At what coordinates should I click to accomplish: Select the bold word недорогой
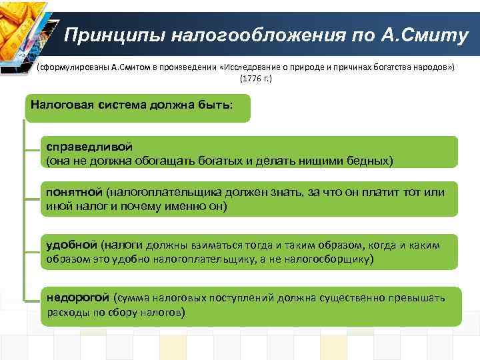point(77,297)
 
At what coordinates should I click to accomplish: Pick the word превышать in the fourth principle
point(418,297)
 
